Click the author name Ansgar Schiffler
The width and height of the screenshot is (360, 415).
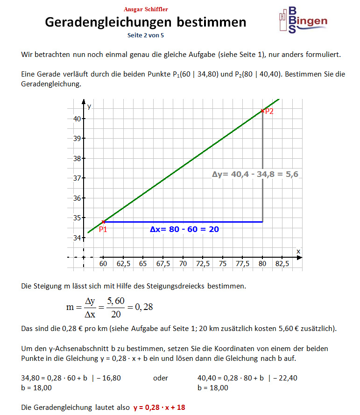coord(146,9)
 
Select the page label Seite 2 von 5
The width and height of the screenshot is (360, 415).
coord(146,35)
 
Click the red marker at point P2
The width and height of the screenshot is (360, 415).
coord(262,111)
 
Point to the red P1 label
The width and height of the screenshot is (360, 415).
coord(103,229)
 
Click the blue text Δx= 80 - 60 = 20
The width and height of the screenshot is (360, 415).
coord(184,229)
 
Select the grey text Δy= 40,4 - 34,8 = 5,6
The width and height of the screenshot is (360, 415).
coord(255,174)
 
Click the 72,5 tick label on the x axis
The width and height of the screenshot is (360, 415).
coord(203,263)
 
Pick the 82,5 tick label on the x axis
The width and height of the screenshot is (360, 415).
coord(282,263)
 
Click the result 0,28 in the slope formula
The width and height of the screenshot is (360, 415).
coord(143,307)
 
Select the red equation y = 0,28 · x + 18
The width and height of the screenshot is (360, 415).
coord(159,407)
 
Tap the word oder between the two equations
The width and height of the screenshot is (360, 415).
coord(161,378)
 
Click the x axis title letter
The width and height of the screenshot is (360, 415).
coord(298,252)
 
